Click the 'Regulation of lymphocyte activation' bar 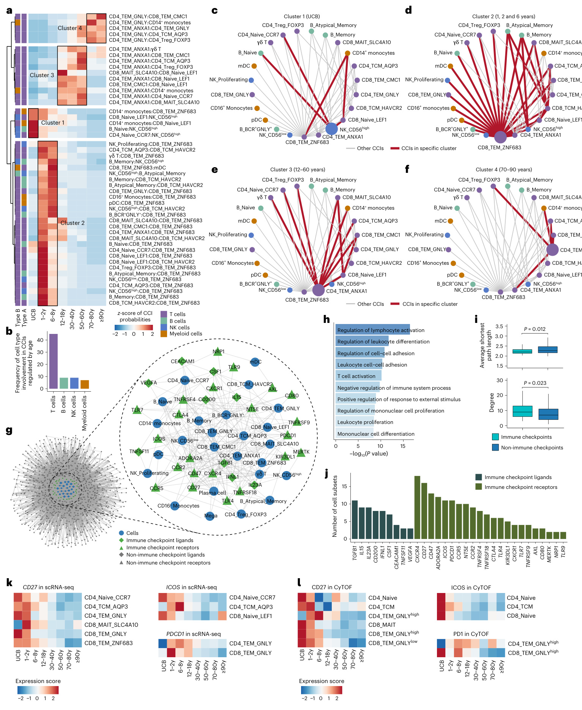[x=372, y=330]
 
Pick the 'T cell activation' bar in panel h [x=358, y=376]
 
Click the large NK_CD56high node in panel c [x=331, y=129]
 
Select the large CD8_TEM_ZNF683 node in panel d [x=500, y=137]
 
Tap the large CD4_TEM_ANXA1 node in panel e [x=319, y=290]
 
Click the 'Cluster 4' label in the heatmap [x=69, y=28]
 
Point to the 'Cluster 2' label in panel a [x=73, y=223]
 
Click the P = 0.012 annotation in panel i [x=535, y=329]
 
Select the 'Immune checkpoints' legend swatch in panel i [x=495, y=437]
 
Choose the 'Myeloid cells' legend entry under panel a [x=186, y=334]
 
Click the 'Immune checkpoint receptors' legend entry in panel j [x=520, y=487]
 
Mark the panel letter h [x=326, y=319]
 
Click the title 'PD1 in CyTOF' [x=471, y=634]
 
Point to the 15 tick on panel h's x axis [x=402, y=446]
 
